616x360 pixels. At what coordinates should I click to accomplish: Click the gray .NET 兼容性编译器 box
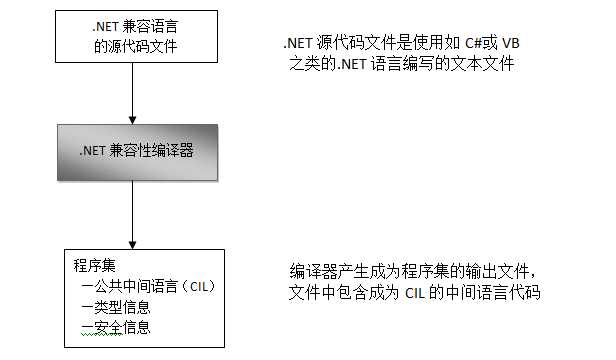[134, 153]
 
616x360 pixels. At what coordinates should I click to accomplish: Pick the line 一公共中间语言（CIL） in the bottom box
[148, 287]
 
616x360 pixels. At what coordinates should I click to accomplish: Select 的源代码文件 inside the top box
[133, 45]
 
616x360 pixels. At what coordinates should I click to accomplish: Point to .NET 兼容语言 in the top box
[134, 26]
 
